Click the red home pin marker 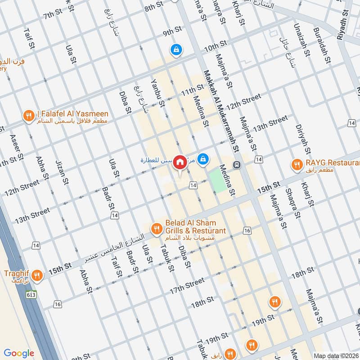coord(180,162)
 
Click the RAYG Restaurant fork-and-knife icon coord(296,165)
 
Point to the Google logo coord(19,353)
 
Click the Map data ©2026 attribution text coord(336,355)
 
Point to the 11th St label coord(192,91)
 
